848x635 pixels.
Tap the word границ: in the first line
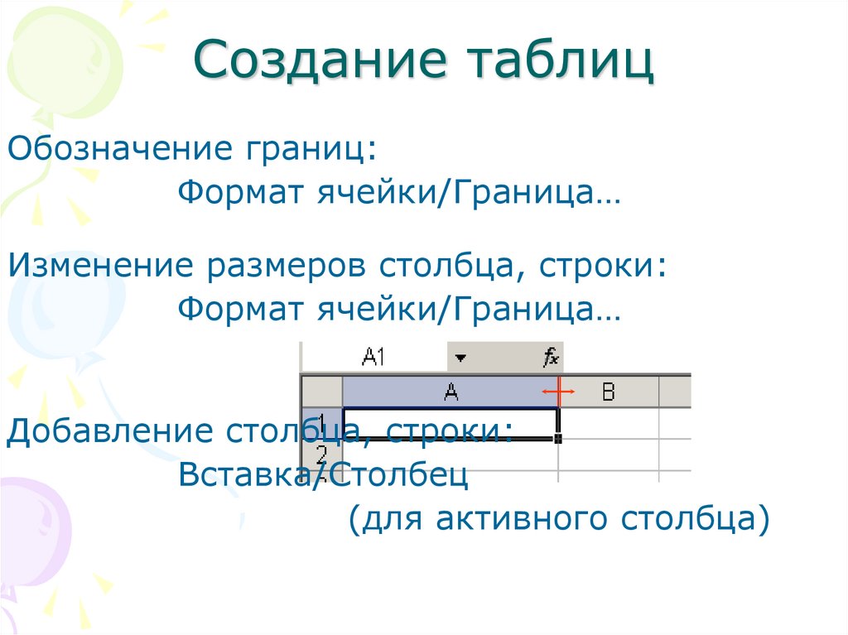[309, 150]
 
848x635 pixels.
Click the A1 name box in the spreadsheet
[374, 358]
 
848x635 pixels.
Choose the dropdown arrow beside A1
[461, 358]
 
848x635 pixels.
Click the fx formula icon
[551, 358]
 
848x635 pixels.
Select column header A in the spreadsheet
[450, 392]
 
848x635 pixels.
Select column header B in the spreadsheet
[609, 392]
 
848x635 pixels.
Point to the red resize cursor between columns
[558, 391]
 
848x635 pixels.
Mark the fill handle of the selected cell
[559, 438]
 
